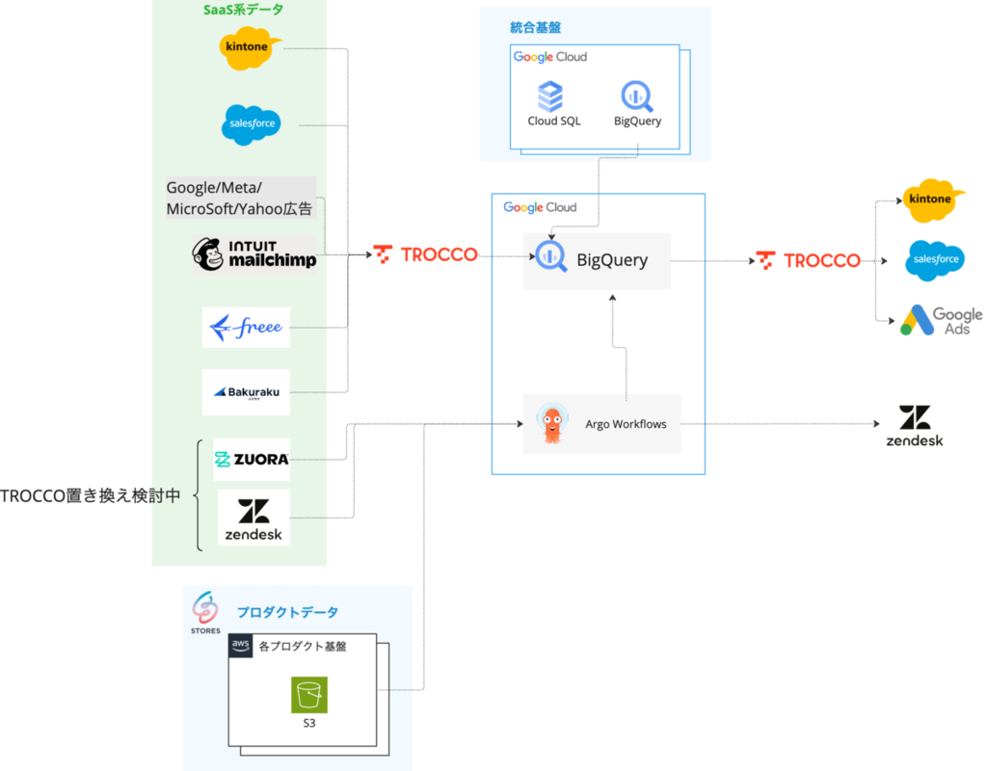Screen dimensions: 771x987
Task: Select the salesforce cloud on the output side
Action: (x=934, y=259)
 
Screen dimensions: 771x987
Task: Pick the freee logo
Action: (x=246, y=327)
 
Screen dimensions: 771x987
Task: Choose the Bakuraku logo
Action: (x=246, y=392)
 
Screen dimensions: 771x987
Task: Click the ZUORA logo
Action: (x=251, y=459)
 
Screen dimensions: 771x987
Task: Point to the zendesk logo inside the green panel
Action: (x=253, y=518)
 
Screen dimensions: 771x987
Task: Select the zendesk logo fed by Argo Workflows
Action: (x=915, y=423)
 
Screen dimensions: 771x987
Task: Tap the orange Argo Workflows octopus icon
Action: (x=551, y=424)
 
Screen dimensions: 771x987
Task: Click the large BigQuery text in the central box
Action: (x=612, y=259)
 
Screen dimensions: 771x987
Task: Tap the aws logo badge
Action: (x=240, y=646)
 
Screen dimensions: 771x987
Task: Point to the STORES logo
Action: (x=204, y=612)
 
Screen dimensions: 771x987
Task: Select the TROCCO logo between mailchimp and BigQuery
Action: (x=426, y=254)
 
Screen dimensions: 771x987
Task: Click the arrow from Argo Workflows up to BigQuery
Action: (x=627, y=347)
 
